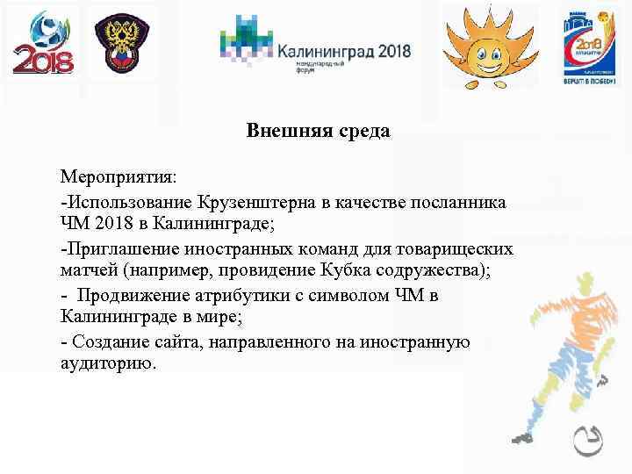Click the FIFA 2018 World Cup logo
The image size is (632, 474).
43,44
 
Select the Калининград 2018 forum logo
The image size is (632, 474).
315,45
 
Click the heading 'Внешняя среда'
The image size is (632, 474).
318,132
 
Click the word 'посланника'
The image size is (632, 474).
462,202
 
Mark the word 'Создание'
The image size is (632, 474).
107,341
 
